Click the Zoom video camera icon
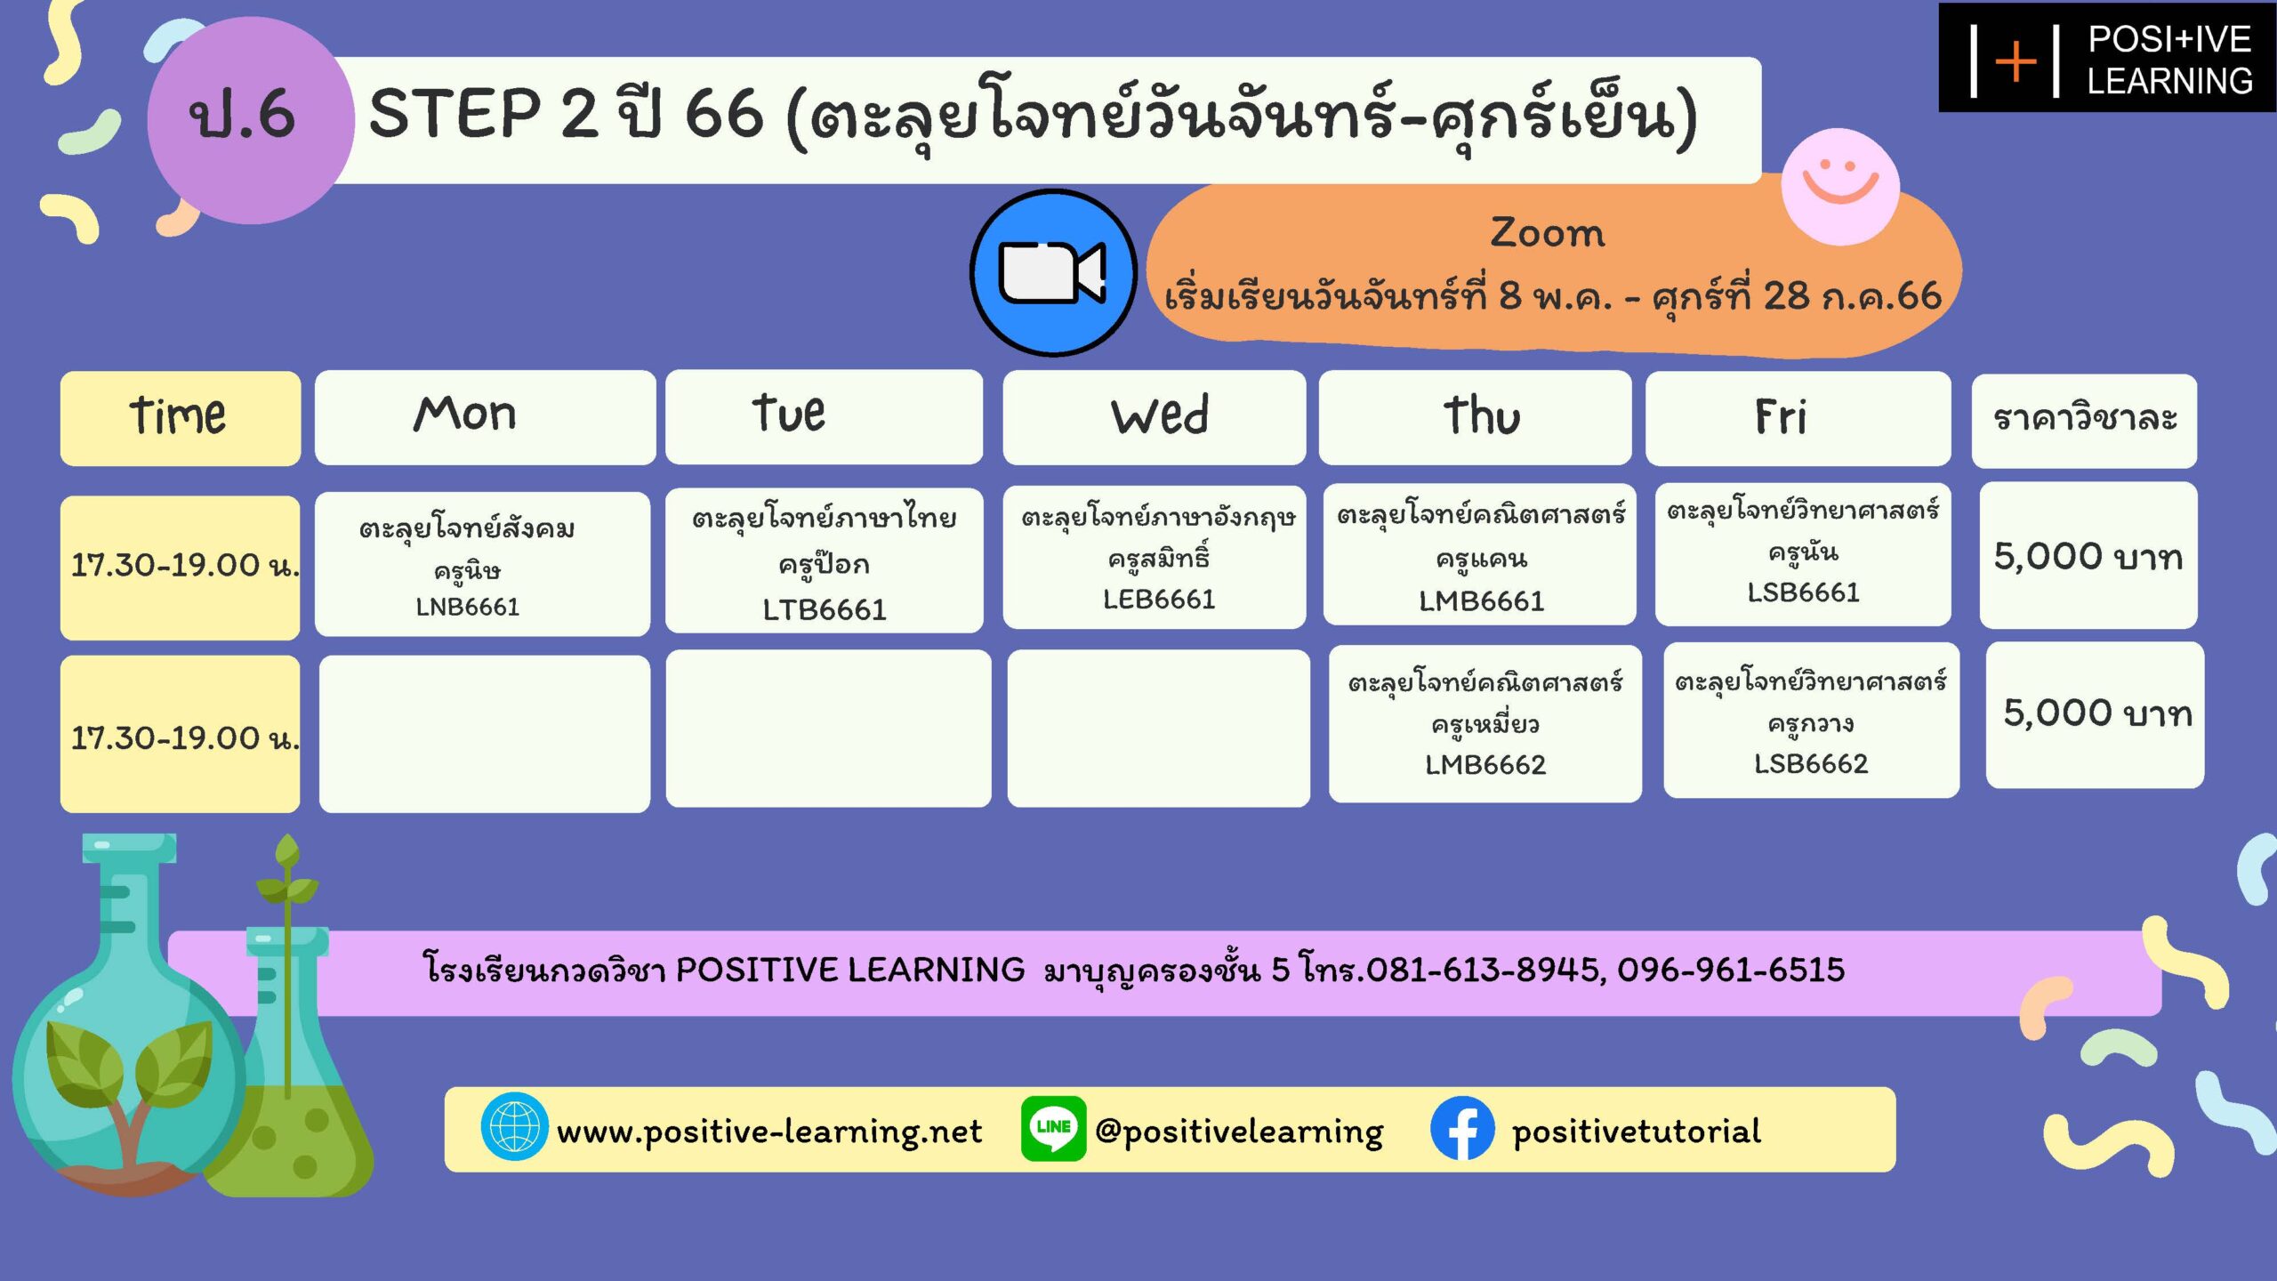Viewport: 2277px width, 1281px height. (x=1053, y=272)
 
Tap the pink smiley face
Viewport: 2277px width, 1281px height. (x=1840, y=186)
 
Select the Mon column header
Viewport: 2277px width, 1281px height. (x=485, y=416)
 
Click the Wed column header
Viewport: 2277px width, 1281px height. (x=1155, y=416)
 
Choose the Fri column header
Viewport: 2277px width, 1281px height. (x=1798, y=417)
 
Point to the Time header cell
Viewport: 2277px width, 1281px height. (x=181, y=418)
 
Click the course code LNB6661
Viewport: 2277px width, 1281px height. (x=468, y=607)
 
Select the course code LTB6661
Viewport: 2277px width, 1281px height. (x=825, y=609)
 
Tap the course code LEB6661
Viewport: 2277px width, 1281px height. (x=1159, y=599)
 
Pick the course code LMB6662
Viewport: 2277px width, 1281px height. (x=1485, y=764)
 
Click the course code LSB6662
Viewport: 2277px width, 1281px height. (x=1811, y=763)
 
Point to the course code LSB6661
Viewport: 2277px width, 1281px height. (x=1804, y=592)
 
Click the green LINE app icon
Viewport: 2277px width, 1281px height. (x=1053, y=1128)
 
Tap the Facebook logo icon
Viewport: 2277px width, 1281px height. (x=1462, y=1128)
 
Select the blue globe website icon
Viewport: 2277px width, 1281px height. (x=514, y=1127)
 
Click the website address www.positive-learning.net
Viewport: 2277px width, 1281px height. (x=769, y=1132)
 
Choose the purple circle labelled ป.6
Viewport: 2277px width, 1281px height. (x=250, y=120)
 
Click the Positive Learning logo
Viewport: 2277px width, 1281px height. (x=2107, y=58)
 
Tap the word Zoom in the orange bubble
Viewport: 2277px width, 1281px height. (x=1548, y=232)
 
